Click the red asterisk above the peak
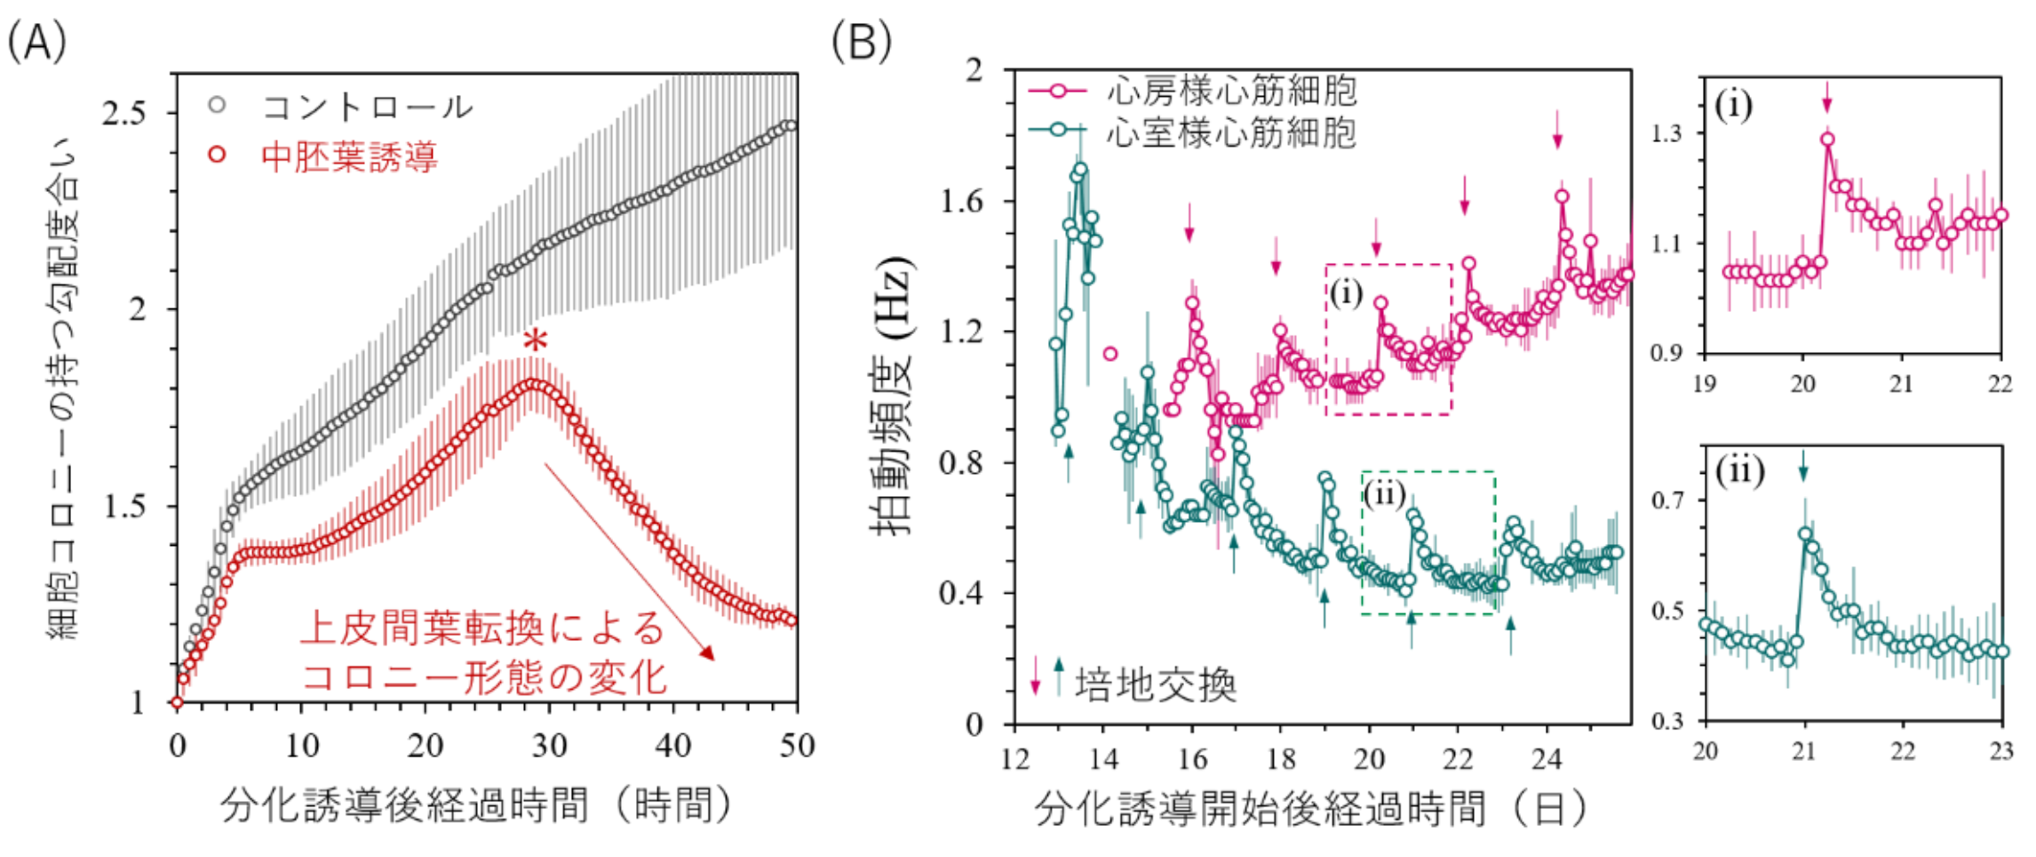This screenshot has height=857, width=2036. click(x=535, y=341)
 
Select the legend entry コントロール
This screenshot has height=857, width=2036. click(x=367, y=108)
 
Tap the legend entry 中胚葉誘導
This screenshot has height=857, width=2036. click(x=349, y=157)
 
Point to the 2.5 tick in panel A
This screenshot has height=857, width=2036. click(x=123, y=114)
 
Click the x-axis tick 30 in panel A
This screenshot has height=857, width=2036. click(x=549, y=745)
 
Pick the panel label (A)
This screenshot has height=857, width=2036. click(x=36, y=42)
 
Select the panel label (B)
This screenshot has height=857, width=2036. click(x=861, y=42)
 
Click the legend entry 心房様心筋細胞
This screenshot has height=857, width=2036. click(x=1231, y=91)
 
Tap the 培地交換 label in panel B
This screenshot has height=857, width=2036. click(x=1155, y=685)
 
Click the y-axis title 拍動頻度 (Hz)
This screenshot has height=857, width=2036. click(x=892, y=396)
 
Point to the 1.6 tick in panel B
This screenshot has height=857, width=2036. click(x=961, y=202)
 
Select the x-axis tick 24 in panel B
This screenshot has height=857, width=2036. click(x=1547, y=758)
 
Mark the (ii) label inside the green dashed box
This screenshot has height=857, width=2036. click(x=1384, y=493)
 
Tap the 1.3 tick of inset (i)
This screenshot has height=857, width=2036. click(x=1666, y=133)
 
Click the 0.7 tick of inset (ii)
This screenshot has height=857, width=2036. click(x=1666, y=501)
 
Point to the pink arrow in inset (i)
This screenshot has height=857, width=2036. click(x=1826, y=96)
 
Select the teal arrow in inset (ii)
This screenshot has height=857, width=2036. click(x=1803, y=465)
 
